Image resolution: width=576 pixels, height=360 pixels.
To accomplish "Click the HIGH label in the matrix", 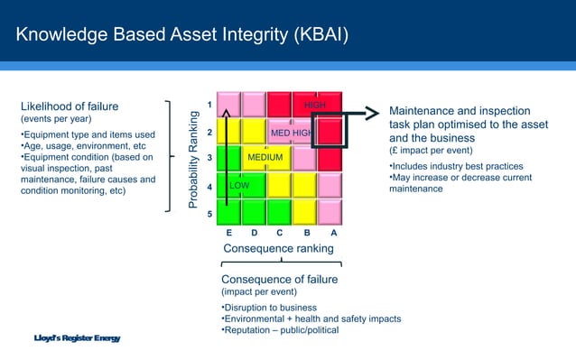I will click(315, 106).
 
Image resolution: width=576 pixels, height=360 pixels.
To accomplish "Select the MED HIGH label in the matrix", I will click(291, 134).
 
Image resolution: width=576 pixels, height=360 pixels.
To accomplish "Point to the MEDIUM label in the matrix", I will click(265, 159).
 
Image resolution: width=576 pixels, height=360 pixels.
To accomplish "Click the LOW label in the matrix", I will click(239, 185).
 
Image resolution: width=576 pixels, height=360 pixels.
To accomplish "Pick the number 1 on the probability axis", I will click(210, 106).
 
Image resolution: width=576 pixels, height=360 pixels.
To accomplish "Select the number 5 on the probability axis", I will click(210, 215).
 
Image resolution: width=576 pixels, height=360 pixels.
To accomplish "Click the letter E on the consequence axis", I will click(229, 232).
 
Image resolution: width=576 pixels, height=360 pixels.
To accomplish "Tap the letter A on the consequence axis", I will click(333, 232).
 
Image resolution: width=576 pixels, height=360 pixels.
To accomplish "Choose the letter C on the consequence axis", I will click(281, 232).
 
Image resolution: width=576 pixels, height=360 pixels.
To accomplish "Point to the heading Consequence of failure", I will click(279, 279).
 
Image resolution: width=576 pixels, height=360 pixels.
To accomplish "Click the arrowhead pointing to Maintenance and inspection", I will click(371, 114).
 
